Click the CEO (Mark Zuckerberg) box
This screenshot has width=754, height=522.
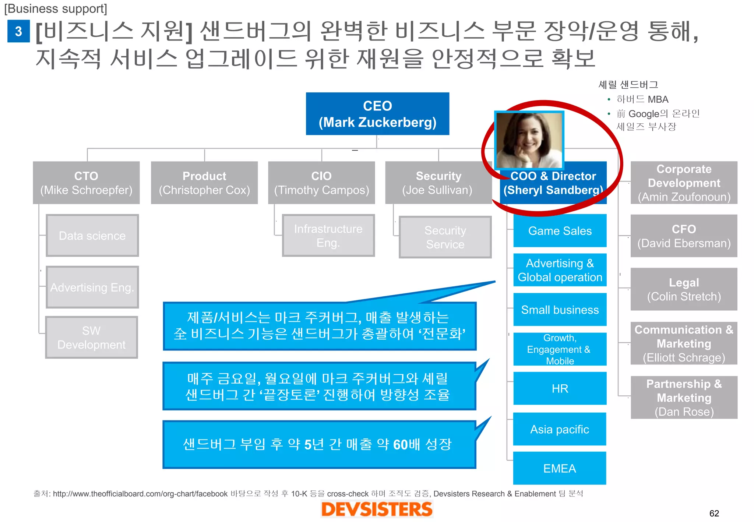point(377,114)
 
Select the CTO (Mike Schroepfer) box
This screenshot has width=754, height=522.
point(86,183)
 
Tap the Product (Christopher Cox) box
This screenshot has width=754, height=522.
point(204,183)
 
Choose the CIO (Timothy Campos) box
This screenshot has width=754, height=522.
point(321,183)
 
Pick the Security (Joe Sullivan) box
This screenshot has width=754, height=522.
point(438,183)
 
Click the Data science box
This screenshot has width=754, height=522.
point(92,236)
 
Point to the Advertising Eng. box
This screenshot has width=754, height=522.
point(92,287)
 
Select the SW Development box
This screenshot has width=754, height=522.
point(91,338)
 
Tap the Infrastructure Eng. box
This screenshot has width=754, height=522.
point(328,236)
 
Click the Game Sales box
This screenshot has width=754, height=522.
point(560,231)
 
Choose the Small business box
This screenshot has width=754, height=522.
point(560,310)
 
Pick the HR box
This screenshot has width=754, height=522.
point(560,388)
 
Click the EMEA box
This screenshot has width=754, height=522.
point(560,468)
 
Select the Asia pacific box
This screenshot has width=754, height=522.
point(560,429)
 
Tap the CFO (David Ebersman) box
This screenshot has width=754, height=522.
point(684,236)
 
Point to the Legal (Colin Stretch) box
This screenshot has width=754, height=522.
point(684,289)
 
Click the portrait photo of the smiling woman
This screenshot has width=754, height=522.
point(529,140)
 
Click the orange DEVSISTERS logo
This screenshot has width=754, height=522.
point(377,509)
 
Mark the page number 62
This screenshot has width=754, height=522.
point(714,513)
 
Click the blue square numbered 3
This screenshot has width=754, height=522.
point(18,31)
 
